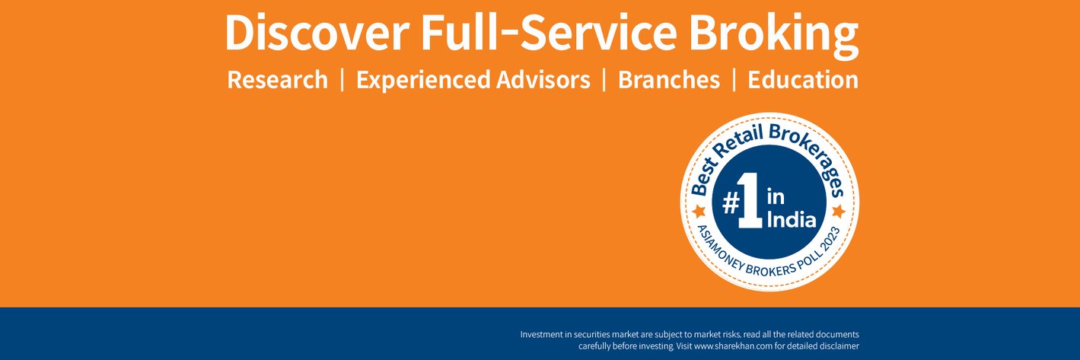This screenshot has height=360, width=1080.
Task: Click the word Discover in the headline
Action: [317, 32]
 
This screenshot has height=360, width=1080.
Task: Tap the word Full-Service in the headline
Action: [549, 32]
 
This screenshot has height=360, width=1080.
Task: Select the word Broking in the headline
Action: [773, 36]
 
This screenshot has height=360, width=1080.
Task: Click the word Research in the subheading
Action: [277, 79]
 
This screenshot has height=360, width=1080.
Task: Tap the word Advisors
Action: [543, 79]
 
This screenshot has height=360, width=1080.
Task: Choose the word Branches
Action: [669, 79]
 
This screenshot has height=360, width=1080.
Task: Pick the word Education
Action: [803, 79]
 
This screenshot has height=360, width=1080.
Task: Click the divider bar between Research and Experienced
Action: [342, 80]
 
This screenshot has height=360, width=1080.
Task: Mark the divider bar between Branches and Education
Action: [734, 80]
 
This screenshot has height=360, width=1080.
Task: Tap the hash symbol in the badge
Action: [731, 204]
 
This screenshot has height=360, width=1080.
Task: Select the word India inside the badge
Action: [792, 220]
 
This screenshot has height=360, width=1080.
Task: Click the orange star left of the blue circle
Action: [699, 211]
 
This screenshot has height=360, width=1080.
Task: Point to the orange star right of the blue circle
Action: [839, 211]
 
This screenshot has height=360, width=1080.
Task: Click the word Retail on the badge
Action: [738, 144]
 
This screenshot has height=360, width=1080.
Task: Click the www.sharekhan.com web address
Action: [734, 346]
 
